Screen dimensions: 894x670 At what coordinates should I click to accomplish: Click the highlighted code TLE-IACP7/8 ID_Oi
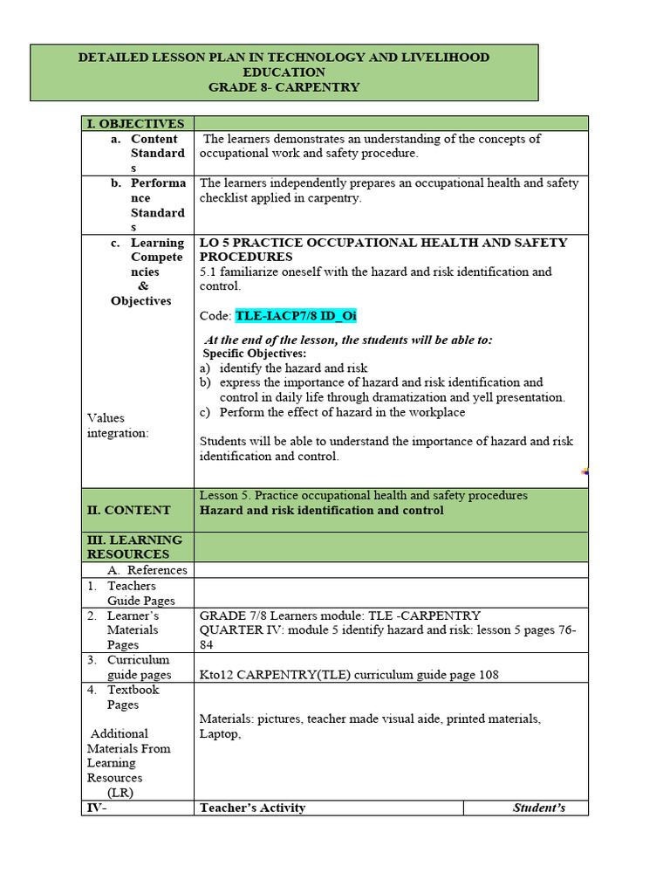pyautogui.click(x=296, y=316)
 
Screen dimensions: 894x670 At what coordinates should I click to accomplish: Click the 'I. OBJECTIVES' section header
pyautogui.click(x=135, y=124)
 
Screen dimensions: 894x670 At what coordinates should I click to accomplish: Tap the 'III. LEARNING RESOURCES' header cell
pyautogui.click(x=134, y=547)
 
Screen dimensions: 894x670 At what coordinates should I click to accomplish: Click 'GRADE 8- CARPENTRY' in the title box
pyautogui.click(x=284, y=87)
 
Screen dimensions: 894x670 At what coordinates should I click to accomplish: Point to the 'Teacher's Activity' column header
pyautogui.click(x=252, y=808)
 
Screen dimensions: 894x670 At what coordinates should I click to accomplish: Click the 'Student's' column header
pyautogui.click(x=538, y=808)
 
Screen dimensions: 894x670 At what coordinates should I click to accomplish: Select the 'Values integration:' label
pyautogui.click(x=119, y=426)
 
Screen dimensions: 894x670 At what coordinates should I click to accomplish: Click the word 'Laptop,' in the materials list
pyautogui.click(x=220, y=734)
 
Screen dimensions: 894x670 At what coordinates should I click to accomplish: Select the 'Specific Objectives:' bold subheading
pyautogui.click(x=255, y=354)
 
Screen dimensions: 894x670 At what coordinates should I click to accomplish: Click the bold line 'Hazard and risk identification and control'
pyautogui.click(x=321, y=510)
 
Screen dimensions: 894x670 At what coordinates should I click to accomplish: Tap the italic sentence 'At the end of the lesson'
pyautogui.click(x=347, y=340)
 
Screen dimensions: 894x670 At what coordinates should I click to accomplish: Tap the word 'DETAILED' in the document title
pyautogui.click(x=112, y=58)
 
